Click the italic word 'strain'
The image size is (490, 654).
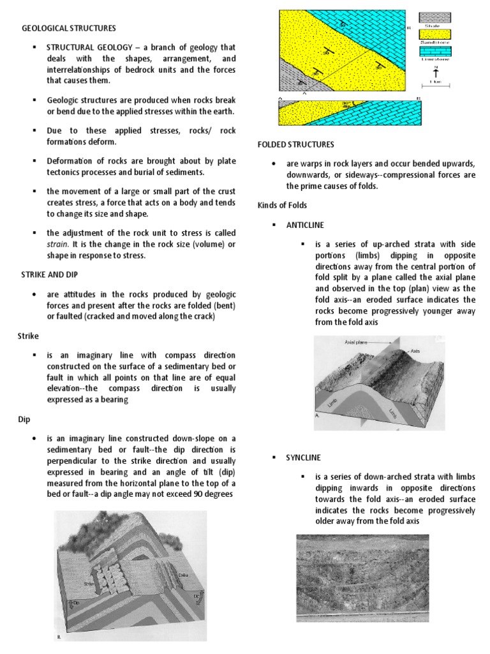tap(56, 245)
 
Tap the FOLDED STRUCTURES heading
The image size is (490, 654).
tap(295, 145)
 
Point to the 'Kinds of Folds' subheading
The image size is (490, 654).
tap(282, 205)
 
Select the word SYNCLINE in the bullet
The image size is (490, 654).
tap(304, 457)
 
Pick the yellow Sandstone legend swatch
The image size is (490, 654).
tap(434, 35)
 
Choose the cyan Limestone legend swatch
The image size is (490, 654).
tap(434, 52)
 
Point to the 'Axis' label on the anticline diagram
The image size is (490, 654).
tap(414, 351)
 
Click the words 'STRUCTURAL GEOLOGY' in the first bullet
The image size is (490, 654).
tap(85, 48)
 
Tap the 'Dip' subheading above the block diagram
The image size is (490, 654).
tap(22, 420)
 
